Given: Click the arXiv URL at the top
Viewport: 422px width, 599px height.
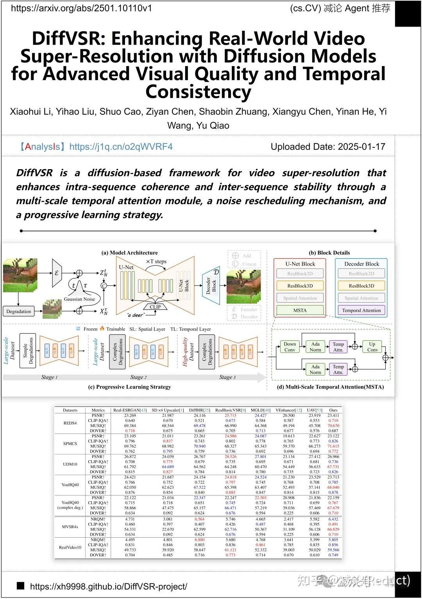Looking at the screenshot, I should point(81,8).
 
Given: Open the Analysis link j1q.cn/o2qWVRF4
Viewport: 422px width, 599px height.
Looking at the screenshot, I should point(121,147).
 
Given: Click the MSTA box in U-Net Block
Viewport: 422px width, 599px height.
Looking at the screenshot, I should point(300,310).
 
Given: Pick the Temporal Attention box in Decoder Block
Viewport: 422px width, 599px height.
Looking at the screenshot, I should point(361,310).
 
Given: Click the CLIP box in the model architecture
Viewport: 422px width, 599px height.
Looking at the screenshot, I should point(155,307).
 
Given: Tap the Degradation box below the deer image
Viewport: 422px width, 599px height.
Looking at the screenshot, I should point(19,311).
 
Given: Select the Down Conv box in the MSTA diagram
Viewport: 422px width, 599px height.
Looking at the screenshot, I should point(290,347).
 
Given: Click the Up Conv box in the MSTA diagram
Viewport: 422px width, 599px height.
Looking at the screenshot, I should point(372,347).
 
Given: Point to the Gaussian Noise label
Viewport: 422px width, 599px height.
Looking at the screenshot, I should point(79,299).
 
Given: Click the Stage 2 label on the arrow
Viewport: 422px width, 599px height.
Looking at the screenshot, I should point(138,377).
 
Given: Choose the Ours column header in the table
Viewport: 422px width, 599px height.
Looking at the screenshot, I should point(333,410).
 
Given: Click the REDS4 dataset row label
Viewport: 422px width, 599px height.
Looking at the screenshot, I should point(70,423).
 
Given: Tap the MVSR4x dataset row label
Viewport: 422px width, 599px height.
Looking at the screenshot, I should point(70,527).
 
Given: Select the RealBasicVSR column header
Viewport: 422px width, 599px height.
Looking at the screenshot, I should point(230,410).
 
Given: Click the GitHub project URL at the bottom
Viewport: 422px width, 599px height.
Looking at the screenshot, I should point(108,586).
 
